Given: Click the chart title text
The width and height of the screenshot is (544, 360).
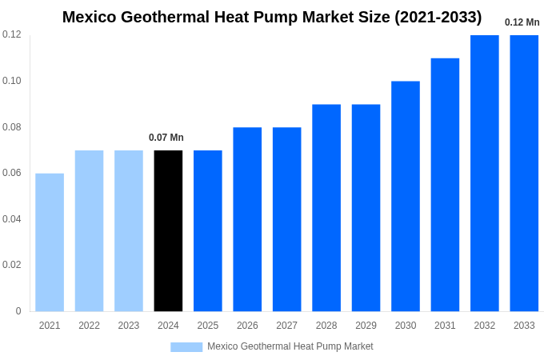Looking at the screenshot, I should click(x=272, y=17).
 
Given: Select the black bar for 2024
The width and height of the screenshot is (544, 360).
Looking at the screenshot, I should click(x=168, y=231).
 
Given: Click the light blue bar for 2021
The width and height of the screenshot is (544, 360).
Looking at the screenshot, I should click(x=50, y=242).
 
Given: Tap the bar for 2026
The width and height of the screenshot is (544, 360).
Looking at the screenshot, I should click(x=247, y=219).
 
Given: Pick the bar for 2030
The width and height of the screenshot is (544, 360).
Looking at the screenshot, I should click(x=406, y=196).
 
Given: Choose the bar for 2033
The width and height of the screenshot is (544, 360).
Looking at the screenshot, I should click(x=524, y=174).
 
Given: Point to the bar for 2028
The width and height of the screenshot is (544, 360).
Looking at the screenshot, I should click(x=326, y=208).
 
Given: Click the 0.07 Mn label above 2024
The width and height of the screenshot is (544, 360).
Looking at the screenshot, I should click(x=166, y=138).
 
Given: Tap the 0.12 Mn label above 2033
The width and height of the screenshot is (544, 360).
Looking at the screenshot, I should click(x=522, y=22).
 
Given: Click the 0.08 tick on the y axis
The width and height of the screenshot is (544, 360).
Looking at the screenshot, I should click(x=12, y=127).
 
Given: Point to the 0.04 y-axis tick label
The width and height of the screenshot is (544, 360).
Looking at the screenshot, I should click(x=12, y=219).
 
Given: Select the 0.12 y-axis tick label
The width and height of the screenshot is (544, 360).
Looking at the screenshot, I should click(x=12, y=34).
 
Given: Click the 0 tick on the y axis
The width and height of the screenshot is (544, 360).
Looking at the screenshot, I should click(x=18, y=311).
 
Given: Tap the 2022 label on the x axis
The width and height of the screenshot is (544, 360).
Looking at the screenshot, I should click(x=89, y=326).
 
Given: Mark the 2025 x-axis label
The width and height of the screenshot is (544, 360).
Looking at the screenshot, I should click(x=208, y=326).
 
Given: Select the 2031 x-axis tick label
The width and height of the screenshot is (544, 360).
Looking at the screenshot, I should click(x=445, y=326).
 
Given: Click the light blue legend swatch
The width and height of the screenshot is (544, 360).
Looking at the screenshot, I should click(x=186, y=347).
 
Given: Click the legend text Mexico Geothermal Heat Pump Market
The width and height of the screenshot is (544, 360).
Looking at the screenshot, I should click(x=290, y=346).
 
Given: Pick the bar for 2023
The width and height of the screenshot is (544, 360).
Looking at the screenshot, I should click(x=129, y=231).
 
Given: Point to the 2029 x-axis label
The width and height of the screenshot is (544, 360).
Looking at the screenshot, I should click(x=366, y=326).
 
